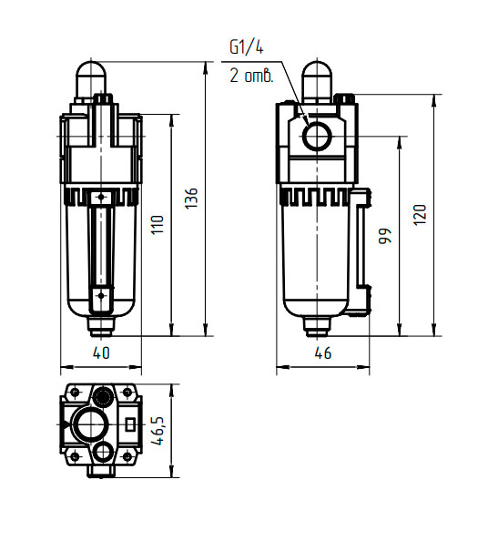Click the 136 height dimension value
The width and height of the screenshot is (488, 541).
pyautogui.click(x=191, y=198)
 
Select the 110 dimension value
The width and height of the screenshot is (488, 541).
pyautogui.click(x=158, y=225)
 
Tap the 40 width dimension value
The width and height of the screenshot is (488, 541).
pyautogui.click(x=101, y=352)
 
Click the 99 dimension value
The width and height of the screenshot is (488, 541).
pyautogui.click(x=385, y=236)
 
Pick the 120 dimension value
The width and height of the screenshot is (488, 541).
pyautogui.click(x=420, y=215)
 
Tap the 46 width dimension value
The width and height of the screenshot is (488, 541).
pyautogui.click(x=323, y=352)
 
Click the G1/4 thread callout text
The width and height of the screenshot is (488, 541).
pyautogui.click(x=247, y=47)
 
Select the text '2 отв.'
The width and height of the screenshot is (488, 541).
pyautogui.click(x=251, y=76)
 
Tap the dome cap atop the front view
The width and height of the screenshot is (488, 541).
pyautogui.click(x=91, y=78)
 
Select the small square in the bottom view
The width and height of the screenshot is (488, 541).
pyautogui.click(x=129, y=424)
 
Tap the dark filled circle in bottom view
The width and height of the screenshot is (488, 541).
pyautogui.click(x=103, y=397)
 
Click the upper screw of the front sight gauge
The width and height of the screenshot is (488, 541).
pyautogui.click(x=101, y=197)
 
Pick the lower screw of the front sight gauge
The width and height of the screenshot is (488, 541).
pyautogui.click(x=101, y=295)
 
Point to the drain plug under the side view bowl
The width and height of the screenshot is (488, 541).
pyautogui.click(x=317, y=327)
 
